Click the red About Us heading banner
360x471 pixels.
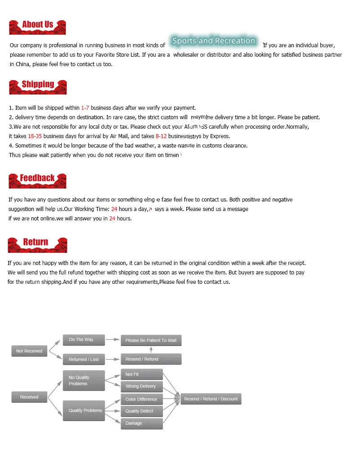click(37, 27)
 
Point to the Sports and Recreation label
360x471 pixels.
click(214, 41)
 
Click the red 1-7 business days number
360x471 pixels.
click(85, 108)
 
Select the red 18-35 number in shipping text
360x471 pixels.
click(35, 136)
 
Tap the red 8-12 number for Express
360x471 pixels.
click(161, 136)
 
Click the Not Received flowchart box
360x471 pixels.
click(29, 351)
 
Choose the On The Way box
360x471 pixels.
click(84, 340)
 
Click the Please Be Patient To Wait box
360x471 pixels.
click(151, 341)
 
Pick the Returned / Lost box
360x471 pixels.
click(84, 359)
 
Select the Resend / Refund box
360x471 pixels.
click(151, 359)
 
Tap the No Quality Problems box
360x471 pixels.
click(84, 381)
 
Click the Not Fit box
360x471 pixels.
click(142, 374)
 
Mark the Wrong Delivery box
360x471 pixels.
click(142, 386)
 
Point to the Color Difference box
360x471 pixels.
click(142, 399)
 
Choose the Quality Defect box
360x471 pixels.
click(142, 411)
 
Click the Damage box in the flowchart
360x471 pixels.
click(142, 423)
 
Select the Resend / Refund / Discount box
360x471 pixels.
click(211, 399)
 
